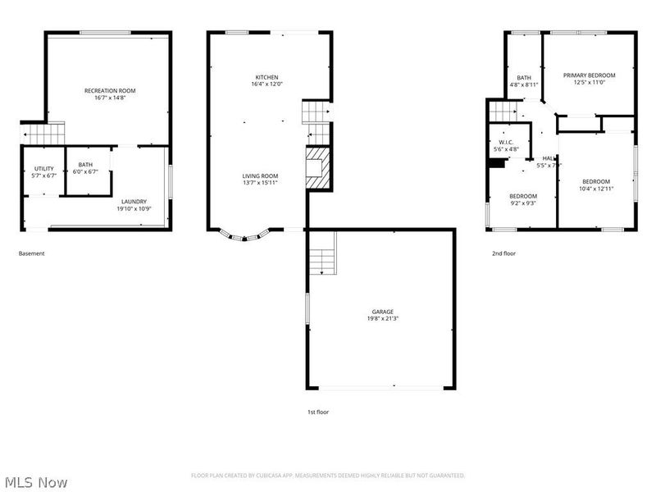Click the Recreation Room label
[110, 90]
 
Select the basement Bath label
[85, 165]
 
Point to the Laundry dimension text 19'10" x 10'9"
[134, 208]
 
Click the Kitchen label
[266, 77]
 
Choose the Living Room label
[260, 176]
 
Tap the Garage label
[383, 312]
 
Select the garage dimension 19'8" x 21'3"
[383, 319]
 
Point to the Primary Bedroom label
[589, 75]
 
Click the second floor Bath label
[524, 78]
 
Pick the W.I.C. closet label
[506, 143]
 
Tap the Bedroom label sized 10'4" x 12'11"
[596, 182]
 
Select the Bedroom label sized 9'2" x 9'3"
[523, 196]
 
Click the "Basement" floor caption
[32, 253]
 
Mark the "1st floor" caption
[318, 412]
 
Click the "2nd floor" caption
[503, 253]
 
